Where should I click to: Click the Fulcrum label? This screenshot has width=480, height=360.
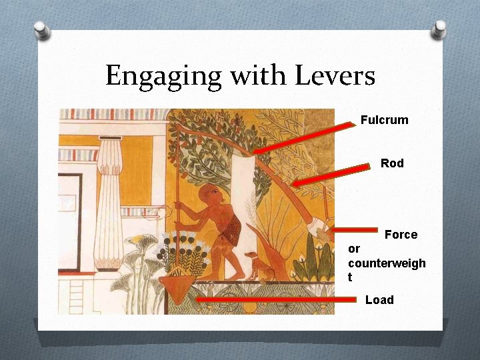[x=384, y=120]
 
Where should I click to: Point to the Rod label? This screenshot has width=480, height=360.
[x=392, y=163]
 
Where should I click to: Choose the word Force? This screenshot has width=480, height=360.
[x=401, y=235]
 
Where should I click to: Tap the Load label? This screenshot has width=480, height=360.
[x=379, y=300]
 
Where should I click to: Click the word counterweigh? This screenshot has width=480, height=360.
[x=386, y=263]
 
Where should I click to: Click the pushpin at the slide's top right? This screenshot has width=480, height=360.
[x=439, y=29]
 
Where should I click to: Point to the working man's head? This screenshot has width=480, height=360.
[x=211, y=194]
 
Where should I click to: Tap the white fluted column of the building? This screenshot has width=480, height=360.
[x=108, y=207]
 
